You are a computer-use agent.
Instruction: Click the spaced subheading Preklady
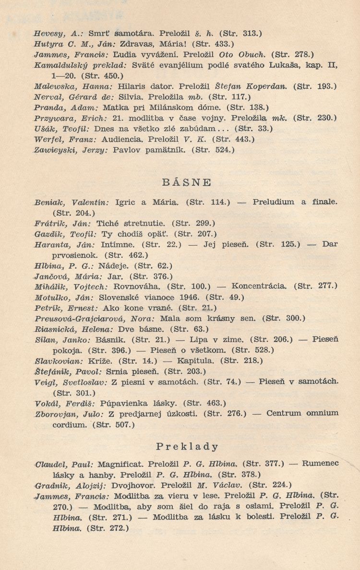point(187,447)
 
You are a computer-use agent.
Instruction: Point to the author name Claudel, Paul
point(65,464)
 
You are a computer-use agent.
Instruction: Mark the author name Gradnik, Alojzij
point(68,485)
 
